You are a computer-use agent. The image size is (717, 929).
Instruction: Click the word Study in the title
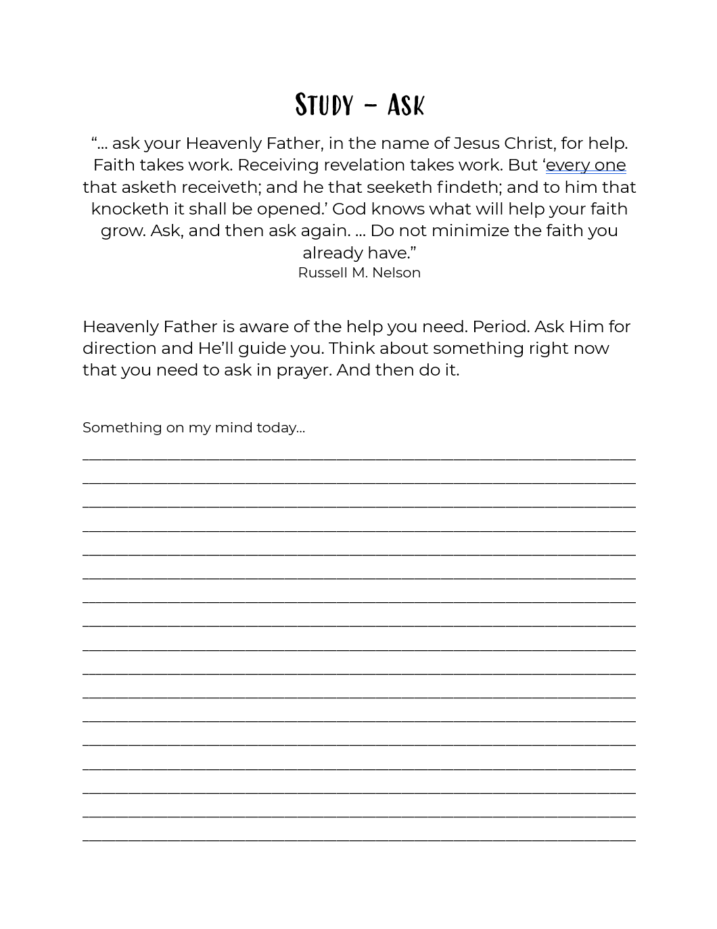click(x=324, y=105)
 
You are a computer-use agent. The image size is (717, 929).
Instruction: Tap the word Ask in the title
click(x=406, y=105)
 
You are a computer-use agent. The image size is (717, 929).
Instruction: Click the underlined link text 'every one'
click(x=585, y=165)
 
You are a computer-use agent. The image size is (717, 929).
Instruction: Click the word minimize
click(x=470, y=231)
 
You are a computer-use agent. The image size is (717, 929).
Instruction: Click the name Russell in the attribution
click(x=322, y=273)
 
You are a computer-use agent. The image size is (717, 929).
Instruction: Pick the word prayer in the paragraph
click(x=301, y=371)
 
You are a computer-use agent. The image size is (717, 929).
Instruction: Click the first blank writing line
click(x=358, y=458)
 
